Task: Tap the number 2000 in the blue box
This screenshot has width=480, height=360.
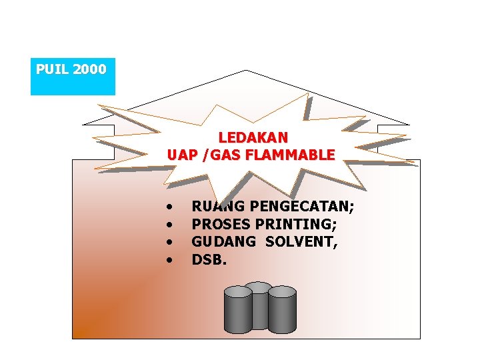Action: pos(90,69)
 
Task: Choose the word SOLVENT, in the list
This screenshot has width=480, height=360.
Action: pos(301,242)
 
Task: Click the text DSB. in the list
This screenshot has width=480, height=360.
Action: pos(209,259)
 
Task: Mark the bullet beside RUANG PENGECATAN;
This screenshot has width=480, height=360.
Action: pos(171,207)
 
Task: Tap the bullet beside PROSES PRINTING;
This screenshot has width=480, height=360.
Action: pos(171,225)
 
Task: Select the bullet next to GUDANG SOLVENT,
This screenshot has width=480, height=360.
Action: pos(171,242)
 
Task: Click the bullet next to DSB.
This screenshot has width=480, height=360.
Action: pos(171,259)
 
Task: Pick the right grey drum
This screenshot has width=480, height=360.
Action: pos(282,311)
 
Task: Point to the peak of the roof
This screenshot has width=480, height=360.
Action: pos(246,71)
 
